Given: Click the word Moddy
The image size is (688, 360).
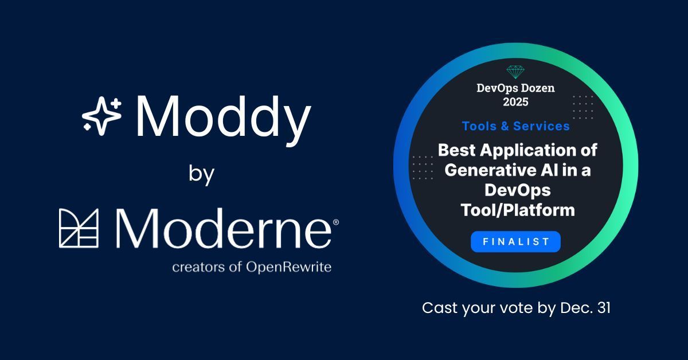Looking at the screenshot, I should click(x=223, y=118).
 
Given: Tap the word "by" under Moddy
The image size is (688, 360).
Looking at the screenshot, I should click(x=201, y=174).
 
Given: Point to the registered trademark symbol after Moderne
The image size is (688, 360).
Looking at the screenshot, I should click(x=335, y=222).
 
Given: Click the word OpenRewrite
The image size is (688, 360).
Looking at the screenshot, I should click(x=295, y=267).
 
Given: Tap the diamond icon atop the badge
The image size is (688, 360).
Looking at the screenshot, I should click(x=516, y=72).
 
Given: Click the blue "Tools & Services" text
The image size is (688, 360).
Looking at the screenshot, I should click(x=516, y=126).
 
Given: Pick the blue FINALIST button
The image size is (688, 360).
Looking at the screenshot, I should click(x=515, y=242).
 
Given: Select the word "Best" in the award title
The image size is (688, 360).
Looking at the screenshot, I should click(x=456, y=151).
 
